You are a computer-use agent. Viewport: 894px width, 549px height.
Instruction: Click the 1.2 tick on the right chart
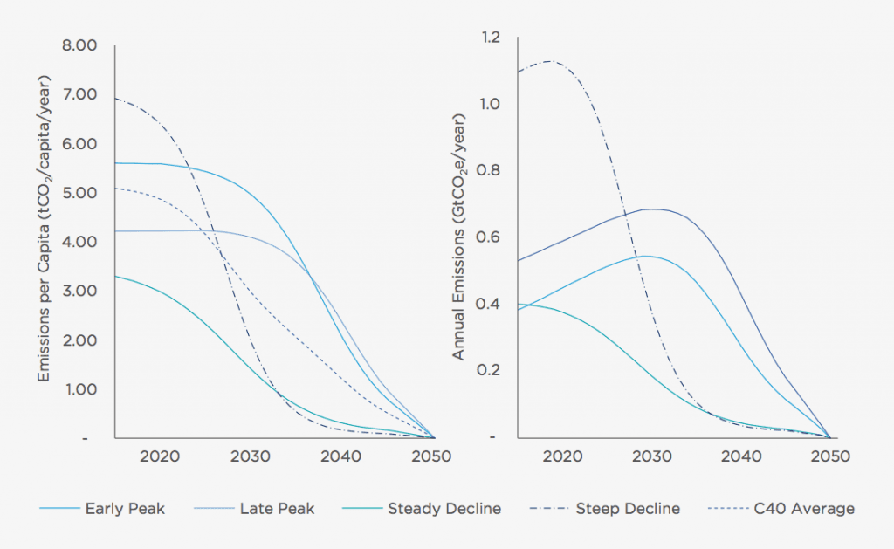(x=491, y=38)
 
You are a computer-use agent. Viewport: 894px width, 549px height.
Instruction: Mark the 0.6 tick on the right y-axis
(x=491, y=237)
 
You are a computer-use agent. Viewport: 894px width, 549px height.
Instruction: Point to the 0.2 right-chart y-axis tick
(x=491, y=370)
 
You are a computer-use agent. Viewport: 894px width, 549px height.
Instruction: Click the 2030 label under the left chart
(x=251, y=456)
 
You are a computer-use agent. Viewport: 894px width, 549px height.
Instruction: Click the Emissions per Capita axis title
(x=44, y=229)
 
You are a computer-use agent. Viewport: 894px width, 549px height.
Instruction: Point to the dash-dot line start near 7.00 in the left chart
(x=118, y=99)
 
